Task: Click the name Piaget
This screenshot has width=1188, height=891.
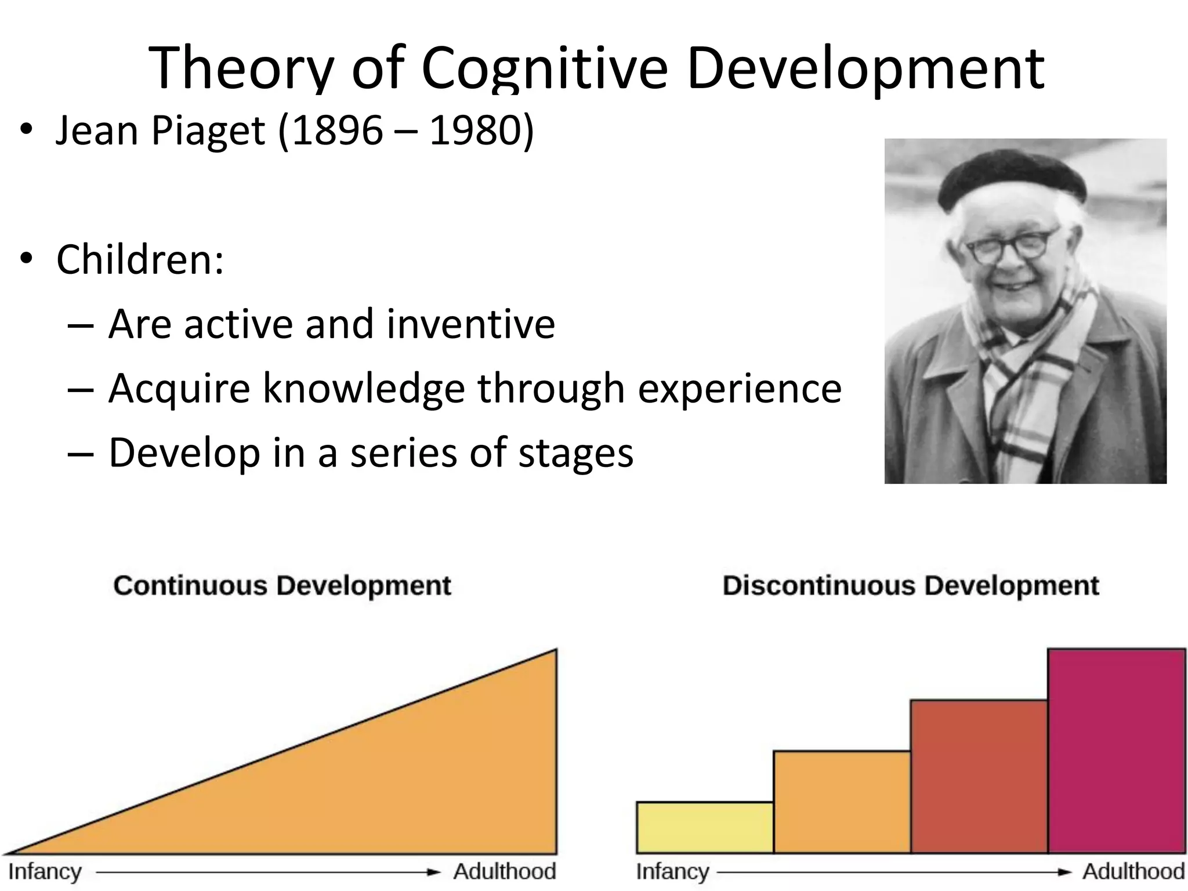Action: (208, 131)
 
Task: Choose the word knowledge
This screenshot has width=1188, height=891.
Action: (364, 388)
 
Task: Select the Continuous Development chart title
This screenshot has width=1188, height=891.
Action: (282, 585)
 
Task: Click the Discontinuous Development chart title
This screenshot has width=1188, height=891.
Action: (910, 585)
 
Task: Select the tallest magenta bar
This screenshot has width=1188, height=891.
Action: (1116, 751)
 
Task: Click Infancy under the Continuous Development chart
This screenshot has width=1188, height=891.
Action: (45, 872)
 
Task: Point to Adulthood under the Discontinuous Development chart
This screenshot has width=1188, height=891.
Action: (1133, 872)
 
